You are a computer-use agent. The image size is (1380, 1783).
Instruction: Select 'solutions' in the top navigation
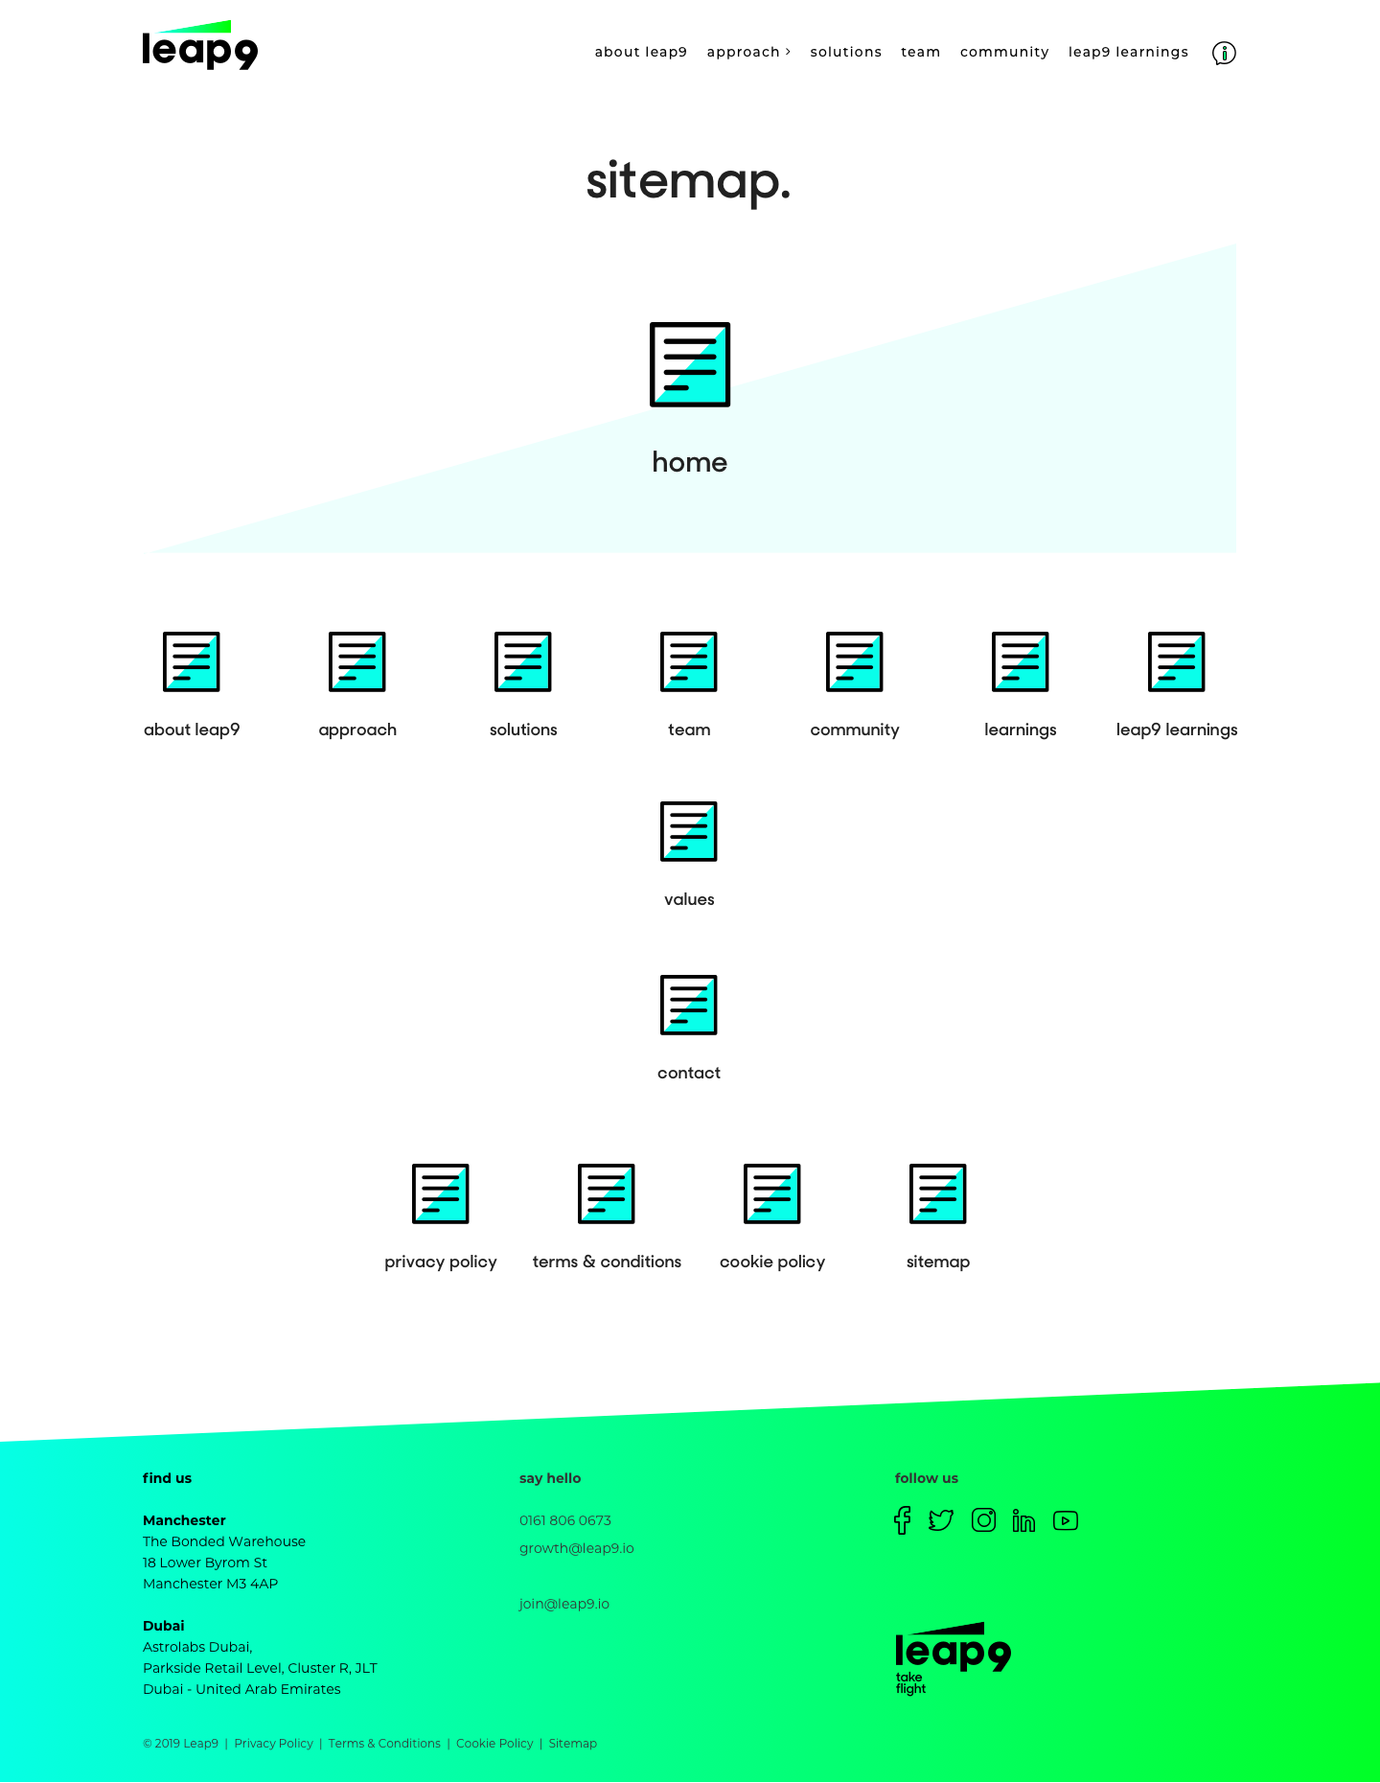[845, 52]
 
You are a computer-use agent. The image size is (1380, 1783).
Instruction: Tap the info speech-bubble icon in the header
[1224, 53]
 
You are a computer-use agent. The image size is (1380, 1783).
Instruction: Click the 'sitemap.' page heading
[688, 180]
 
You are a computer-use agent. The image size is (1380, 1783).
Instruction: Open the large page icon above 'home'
[690, 364]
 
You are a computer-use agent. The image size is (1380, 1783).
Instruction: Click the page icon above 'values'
[689, 831]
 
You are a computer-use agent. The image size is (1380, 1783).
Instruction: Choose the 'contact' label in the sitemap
[689, 1073]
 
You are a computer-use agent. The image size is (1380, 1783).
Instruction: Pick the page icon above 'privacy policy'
[441, 1193]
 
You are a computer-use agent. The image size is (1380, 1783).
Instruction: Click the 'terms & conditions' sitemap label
[607, 1262]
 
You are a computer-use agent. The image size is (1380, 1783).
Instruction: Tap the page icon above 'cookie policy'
[772, 1193]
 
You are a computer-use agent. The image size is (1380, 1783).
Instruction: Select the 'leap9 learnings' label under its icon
[1177, 729]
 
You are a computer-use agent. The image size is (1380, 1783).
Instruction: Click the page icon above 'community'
[855, 661]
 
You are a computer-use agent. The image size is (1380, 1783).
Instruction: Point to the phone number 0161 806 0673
[565, 1520]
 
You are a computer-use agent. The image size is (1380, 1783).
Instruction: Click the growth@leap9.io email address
[577, 1548]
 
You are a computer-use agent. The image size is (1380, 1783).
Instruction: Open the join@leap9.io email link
[564, 1604]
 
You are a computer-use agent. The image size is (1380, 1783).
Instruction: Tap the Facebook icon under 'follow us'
[902, 1520]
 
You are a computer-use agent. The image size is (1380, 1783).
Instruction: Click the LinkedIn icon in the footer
[1023, 1521]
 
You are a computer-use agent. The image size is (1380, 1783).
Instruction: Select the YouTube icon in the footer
[1066, 1521]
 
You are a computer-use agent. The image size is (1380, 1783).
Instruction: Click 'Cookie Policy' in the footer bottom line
[494, 1744]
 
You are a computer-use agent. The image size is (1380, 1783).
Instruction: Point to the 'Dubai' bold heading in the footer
[164, 1626]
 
